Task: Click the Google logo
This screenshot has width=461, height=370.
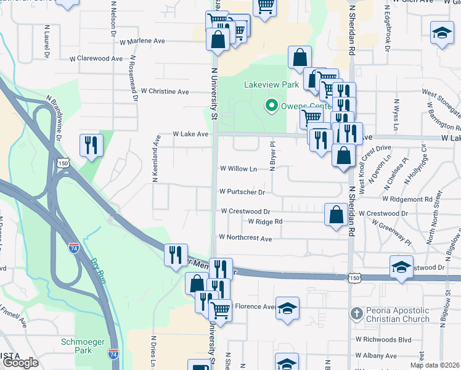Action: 20,363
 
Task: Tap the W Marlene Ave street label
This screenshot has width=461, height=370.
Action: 142,41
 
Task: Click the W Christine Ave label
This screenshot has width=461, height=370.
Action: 165,91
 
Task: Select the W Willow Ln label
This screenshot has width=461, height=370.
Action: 238,168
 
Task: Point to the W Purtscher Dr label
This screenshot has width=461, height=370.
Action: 242,192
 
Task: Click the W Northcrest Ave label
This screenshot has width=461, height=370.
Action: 245,238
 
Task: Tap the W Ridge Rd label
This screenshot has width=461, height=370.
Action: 265,221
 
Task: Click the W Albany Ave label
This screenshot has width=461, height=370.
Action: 375,356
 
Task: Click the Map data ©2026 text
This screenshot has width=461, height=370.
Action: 435,365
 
